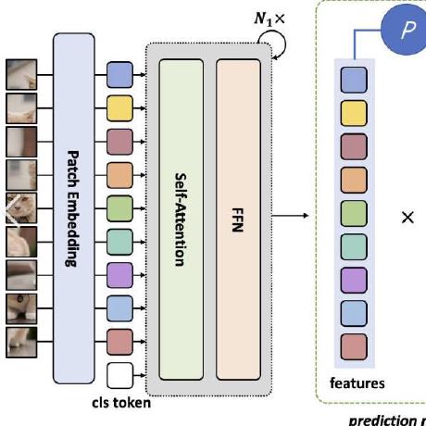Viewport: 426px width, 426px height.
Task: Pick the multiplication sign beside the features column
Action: pyautogui.click(x=406, y=218)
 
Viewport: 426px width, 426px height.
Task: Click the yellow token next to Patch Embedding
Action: pyautogui.click(x=119, y=108)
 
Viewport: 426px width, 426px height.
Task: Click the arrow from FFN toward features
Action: pyautogui.click(x=297, y=218)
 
